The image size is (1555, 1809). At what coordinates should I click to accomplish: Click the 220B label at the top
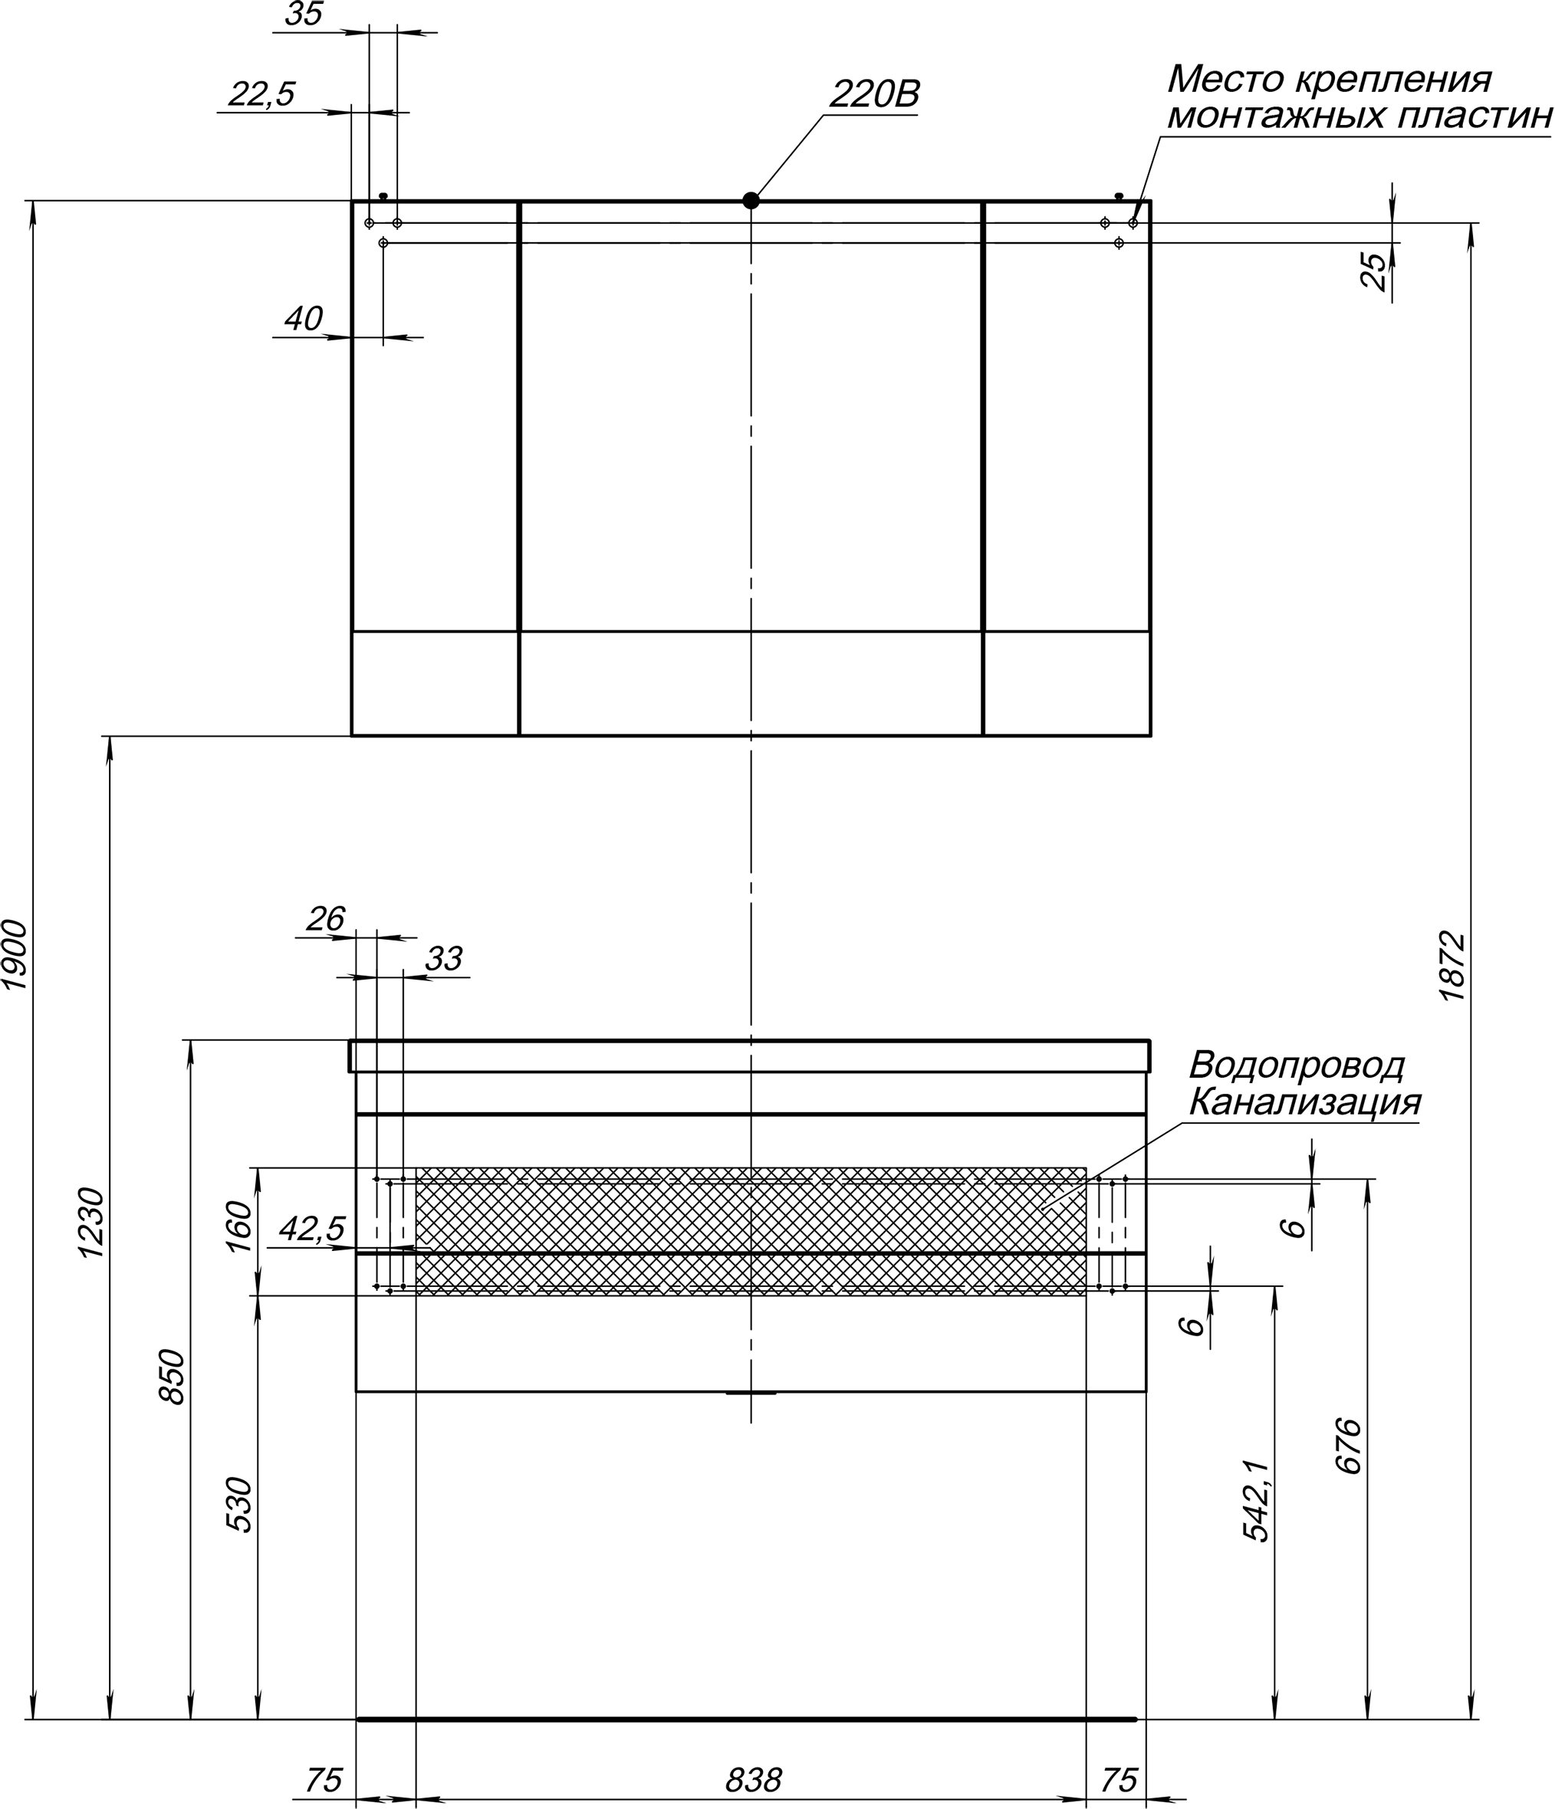click(874, 94)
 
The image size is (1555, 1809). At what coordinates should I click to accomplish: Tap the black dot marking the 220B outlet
click(751, 200)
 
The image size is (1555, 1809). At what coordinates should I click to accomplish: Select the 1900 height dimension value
click(17, 954)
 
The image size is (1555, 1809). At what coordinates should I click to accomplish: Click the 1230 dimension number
click(93, 1223)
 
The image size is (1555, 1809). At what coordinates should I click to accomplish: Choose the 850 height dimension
click(172, 1377)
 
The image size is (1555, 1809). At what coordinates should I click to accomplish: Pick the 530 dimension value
click(239, 1504)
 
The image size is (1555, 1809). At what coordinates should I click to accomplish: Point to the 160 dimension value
click(239, 1226)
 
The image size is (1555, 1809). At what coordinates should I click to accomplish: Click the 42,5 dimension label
click(313, 1230)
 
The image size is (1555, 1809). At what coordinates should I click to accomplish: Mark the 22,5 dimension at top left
click(262, 94)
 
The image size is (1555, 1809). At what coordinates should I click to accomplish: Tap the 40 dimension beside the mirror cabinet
click(304, 319)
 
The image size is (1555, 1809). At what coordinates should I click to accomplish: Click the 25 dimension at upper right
click(1373, 271)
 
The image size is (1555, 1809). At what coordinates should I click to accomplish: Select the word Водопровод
click(1297, 1066)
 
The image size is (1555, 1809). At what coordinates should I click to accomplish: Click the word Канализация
click(1304, 1103)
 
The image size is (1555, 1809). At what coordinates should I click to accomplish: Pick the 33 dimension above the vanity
click(443, 959)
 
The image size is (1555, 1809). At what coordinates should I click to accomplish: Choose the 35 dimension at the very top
click(304, 14)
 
